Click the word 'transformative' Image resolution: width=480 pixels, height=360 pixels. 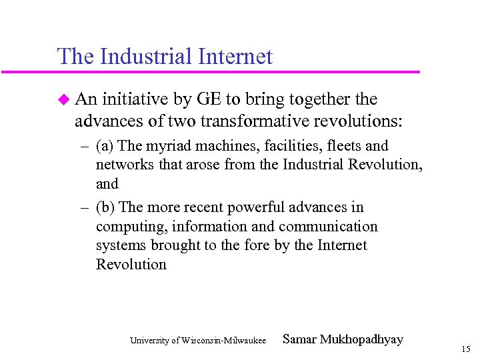(234, 122)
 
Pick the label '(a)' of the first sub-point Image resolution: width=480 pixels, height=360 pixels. (105, 146)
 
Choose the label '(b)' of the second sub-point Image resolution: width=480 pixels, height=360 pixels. (105, 207)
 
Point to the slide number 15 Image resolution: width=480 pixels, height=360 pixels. (465, 349)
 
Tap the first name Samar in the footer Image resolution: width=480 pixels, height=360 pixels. (299, 340)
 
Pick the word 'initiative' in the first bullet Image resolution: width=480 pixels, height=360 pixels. (137, 100)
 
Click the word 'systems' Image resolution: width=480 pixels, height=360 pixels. (121, 245)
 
